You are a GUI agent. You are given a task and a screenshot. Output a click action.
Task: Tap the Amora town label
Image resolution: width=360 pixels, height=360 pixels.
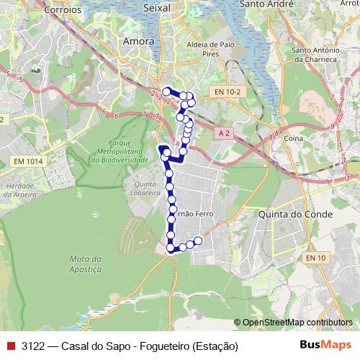coord(139,42)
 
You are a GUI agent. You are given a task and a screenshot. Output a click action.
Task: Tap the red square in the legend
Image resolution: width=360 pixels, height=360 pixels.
coord(11,345)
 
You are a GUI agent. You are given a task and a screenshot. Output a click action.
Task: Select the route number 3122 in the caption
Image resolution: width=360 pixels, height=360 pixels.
coord(33,345)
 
